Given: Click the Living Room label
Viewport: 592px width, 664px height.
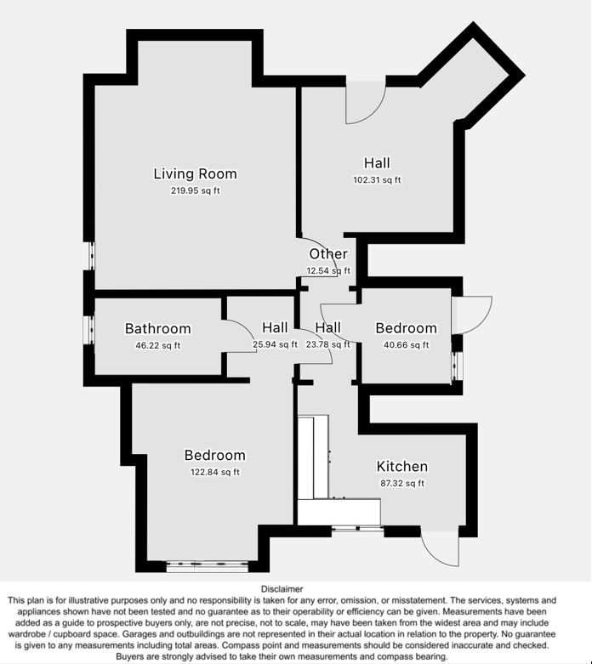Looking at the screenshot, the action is pos(195,173).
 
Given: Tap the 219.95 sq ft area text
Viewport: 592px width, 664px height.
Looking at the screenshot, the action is pos(196,190).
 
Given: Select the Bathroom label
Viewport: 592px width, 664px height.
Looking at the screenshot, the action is pos(157,329).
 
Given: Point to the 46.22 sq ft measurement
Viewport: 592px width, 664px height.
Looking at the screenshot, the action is pos(157,345).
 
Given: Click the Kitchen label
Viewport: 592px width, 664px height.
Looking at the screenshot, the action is pos(402,466).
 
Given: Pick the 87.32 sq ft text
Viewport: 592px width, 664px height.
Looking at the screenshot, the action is pos(402,483).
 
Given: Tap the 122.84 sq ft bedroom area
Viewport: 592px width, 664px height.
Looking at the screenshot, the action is pos(215,472).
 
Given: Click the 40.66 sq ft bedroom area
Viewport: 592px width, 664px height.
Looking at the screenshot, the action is pos(406,345).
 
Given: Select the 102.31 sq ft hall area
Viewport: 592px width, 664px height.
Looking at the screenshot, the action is pos(377,180).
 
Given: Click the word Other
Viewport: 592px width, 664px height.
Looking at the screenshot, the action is pos(328,253).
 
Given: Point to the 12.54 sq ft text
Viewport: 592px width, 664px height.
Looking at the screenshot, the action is pos(328,270).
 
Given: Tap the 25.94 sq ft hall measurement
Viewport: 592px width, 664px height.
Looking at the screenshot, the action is pos(275,344).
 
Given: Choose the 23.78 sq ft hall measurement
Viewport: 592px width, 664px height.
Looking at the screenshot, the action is pos(328,344).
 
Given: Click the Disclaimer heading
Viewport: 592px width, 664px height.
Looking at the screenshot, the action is pos(282,589).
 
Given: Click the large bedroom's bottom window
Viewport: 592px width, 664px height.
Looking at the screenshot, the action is pos(208,566).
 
